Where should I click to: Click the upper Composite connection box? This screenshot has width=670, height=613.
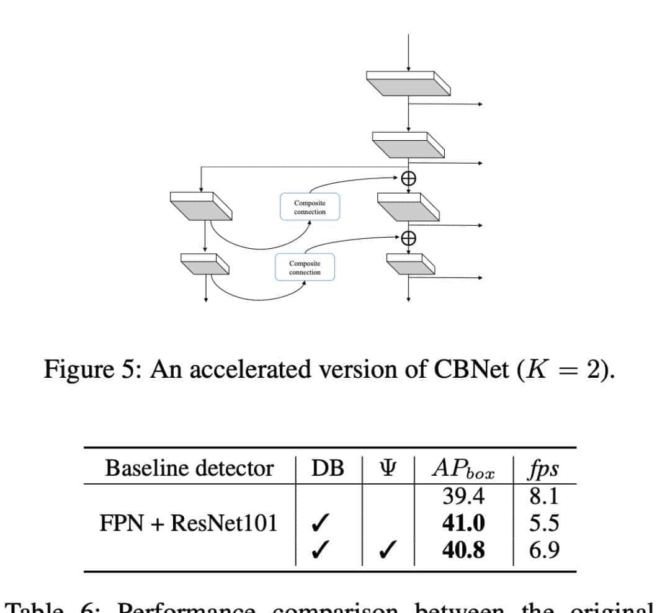click(x=310, y=206)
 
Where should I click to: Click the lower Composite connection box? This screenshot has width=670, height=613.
click(x=305, y=267)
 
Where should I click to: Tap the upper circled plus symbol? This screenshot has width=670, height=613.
click(x=408, y=178)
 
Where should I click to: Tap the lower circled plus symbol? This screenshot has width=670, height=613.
click(x=408, y=238)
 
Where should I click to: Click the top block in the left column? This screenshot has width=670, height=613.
click(x=201, y=205)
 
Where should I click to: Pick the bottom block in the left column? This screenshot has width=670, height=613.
click(x=205, y=264)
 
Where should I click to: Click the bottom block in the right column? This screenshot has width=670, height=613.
click(x=410, y=264)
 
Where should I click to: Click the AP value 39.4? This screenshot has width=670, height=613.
click(x=463, y=497)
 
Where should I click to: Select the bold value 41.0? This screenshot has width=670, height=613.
click(x=463, y=524)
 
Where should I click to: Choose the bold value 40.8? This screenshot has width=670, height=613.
click(x=463, y=550)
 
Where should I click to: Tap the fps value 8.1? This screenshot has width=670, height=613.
click(x=544, y=497)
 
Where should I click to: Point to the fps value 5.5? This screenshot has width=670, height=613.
click(x=544, y=524)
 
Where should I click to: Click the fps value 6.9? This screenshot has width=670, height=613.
click(x=544, y=550)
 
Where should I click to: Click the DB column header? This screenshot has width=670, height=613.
click(x=328, y=469)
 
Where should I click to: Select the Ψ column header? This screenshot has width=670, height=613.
click(x=388, y=469)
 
